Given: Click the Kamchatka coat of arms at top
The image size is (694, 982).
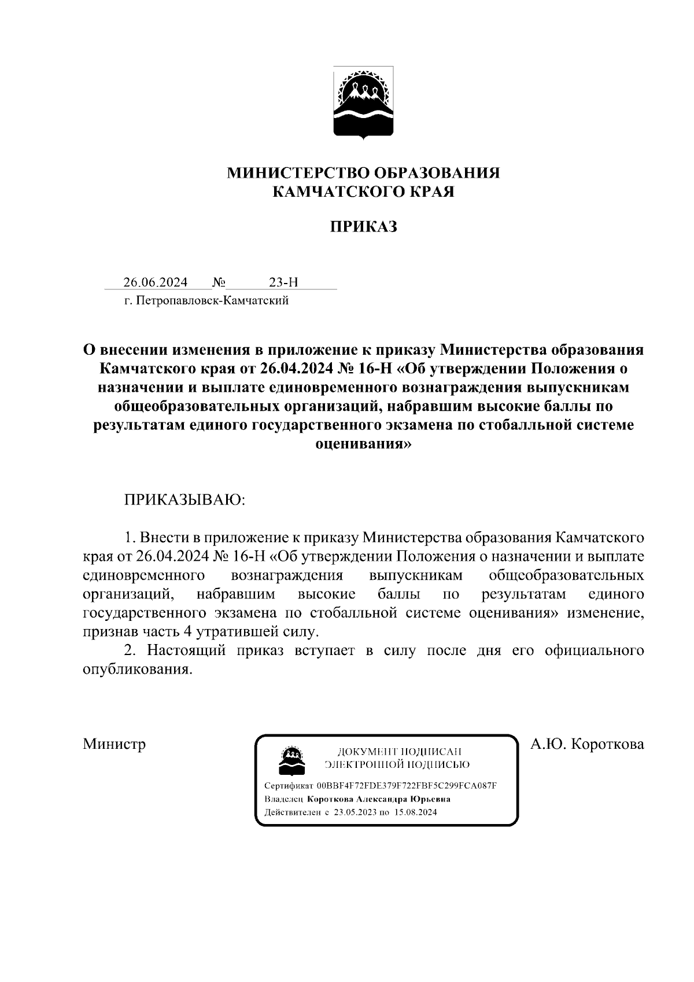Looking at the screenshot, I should pos(363,103).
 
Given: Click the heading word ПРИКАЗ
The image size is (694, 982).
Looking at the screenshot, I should pos(363,227).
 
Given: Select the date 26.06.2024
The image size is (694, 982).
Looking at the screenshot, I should pos(155,282).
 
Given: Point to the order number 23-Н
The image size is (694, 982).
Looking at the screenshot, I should pos(283,282).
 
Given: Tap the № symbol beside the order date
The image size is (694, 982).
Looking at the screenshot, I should pos(219,282).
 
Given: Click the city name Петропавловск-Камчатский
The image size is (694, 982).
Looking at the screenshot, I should pos(212,301).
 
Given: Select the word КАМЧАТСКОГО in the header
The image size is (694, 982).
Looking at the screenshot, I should pos(331,192).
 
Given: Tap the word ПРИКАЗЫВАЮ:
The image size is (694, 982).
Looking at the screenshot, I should pos(185,500).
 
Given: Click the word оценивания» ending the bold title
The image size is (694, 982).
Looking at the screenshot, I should pos(363,444).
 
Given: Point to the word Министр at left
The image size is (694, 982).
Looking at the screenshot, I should pos(114,744).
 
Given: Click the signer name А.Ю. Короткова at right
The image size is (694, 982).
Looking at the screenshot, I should pos(587,744).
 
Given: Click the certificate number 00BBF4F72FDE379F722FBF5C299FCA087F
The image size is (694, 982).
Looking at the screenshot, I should pos(407,786).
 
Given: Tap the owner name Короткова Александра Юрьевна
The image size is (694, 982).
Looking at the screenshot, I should pos(379,799).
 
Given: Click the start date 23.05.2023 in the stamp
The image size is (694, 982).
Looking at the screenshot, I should pos(353,812).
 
